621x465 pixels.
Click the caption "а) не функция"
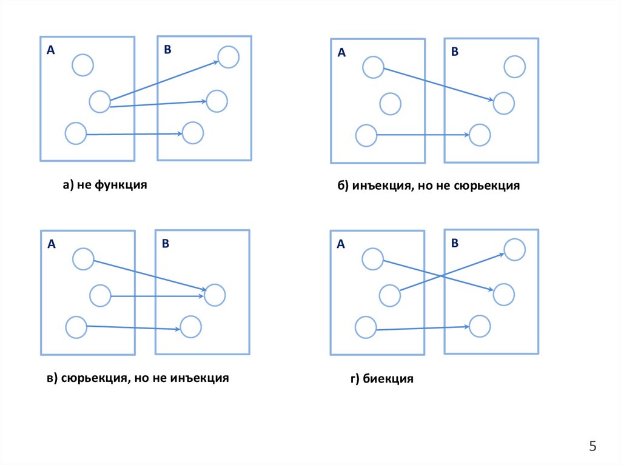click(x=105, y=185)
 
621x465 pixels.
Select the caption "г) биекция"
click(x=381, y=380)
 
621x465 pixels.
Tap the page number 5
click(x=593, y=447)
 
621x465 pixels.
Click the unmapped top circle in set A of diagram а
click(x=82, y=65)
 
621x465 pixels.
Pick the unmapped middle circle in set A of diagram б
click(x=390, y=104)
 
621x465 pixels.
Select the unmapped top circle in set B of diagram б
click(x=514, y=67)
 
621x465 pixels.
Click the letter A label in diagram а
click(x=51, y=52)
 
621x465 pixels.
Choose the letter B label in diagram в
click(x=165, y=244)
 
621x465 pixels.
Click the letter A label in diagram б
click(x=341, y=53)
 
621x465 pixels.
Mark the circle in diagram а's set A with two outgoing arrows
click(x=99, y=101)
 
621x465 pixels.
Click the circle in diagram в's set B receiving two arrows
click(x=215, y=295)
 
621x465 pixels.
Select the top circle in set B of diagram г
click(x=514, y=249)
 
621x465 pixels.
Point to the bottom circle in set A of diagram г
click(x=366, y=327)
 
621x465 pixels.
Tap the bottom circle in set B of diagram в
click(x=190, y=326)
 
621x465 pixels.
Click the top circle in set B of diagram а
click(x=228, y=57)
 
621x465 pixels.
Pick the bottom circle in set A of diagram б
click(x=366, y=136)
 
